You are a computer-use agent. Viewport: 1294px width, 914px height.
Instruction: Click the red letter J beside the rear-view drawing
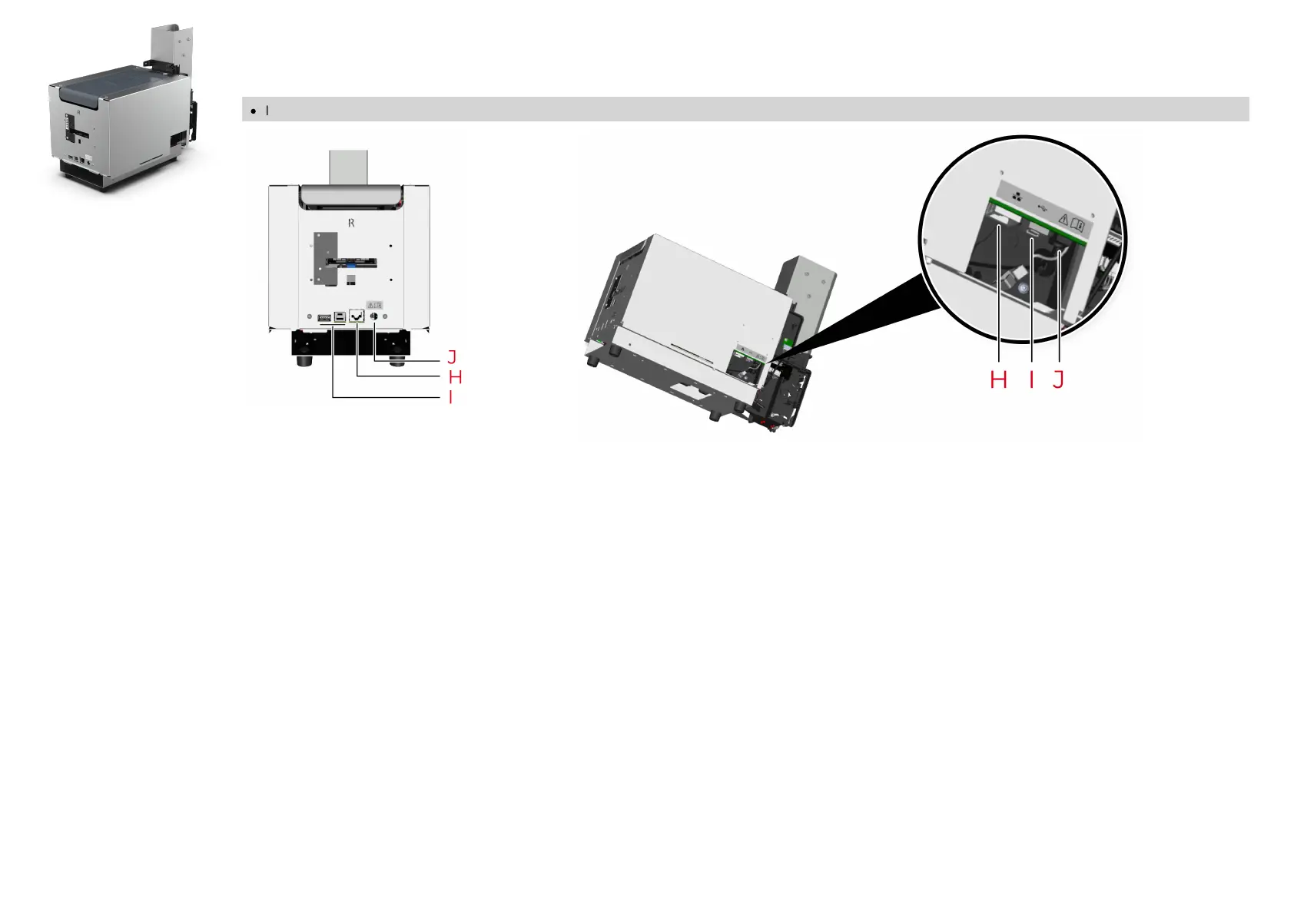click(x=452, y=357)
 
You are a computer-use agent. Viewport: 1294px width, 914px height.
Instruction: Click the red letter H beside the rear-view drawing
click(x=455, y=377)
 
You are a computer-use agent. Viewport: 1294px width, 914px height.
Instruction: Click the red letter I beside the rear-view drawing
click(x=451, y=397)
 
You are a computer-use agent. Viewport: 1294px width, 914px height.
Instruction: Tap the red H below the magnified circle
click(x=998, y=379)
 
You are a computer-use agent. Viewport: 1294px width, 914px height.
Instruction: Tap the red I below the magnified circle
click(x=1031, y=379)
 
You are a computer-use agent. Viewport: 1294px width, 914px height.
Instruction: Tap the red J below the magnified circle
click(x=1059, y=379)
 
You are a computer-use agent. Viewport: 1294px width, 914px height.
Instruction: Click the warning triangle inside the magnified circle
click(x=1063, y=219)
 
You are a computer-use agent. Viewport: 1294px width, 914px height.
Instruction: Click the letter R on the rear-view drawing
click(x=351, y=223)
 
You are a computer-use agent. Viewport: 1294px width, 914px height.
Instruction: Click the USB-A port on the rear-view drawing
click(x=324, y=316)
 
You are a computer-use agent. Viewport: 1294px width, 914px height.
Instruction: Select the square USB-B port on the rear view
click(x=340, y=316)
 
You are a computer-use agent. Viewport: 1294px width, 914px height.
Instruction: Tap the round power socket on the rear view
click(x=375, y=316)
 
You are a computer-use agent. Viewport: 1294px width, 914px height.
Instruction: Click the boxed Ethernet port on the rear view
click(x=357, y=316)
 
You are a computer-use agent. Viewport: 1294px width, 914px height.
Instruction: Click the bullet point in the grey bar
click(x=253, y=111)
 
